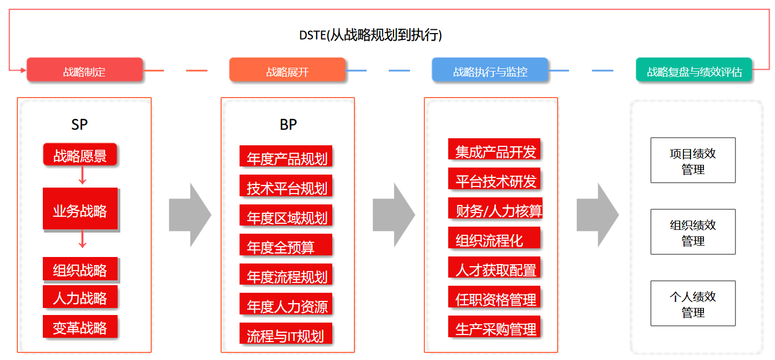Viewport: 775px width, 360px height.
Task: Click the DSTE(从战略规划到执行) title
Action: click(x=371, y=35)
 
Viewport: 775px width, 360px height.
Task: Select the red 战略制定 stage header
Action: click(x=85, y=70)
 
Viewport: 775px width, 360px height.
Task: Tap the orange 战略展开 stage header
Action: click(x=287, y=70)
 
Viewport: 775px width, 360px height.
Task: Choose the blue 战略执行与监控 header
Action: click(x=490, y=70)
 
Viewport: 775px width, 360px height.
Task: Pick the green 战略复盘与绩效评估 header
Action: click(x=694, y=70)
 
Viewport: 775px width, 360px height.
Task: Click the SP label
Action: click(x=79, y=125)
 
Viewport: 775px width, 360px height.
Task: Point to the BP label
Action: click(x=288, y=125)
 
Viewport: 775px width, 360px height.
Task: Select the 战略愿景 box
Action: click(x=80, y=155)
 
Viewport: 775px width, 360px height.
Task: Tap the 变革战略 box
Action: click(x=80, y=327)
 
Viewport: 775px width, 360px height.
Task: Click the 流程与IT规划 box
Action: click(x=286, y=334)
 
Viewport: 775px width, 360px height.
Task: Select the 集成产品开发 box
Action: click(x=494, y=150)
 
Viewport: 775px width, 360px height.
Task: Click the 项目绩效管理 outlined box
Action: click(x=693, y=160)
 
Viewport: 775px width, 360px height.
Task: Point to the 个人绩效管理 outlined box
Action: click(x=693, y=304)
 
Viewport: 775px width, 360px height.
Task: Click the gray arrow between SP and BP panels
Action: click(x=190, y=215)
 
